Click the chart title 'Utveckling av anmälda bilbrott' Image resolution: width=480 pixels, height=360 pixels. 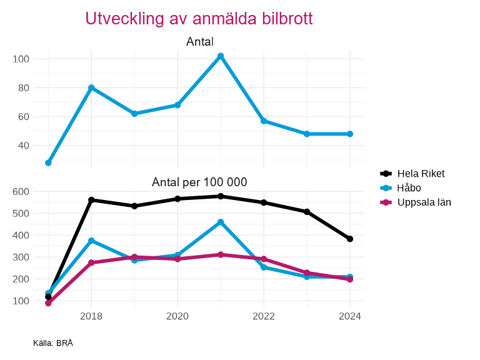point(199,19)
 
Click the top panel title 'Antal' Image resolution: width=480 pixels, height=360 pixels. point(200,42)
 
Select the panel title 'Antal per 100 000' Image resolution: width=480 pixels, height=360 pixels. point(199,182)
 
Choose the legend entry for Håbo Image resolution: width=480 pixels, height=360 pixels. point(409,187)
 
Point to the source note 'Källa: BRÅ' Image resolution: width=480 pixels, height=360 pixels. point(53,343)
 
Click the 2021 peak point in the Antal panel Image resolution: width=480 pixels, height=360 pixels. point(221,56)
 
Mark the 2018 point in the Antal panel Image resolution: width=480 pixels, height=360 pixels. point(91,88)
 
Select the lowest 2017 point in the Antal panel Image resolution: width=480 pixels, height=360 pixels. point(48,162)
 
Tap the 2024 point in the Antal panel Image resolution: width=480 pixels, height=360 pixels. point(350,134)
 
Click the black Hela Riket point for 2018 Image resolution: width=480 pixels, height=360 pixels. point(91,200)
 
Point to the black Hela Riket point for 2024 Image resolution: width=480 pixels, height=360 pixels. point(350,239)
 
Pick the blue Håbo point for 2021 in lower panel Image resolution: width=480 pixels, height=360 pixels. point(221,222)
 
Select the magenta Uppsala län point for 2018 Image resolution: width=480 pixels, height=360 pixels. point(91,262)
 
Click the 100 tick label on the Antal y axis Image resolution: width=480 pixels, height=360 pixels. point(21,59)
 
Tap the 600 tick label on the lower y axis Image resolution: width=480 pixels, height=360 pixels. point(21,191)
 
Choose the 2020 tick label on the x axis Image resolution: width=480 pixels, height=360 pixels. point(177,316)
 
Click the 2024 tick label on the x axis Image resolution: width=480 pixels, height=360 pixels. point(350,316)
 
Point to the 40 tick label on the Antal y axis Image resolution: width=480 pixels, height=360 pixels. point(24,146)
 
